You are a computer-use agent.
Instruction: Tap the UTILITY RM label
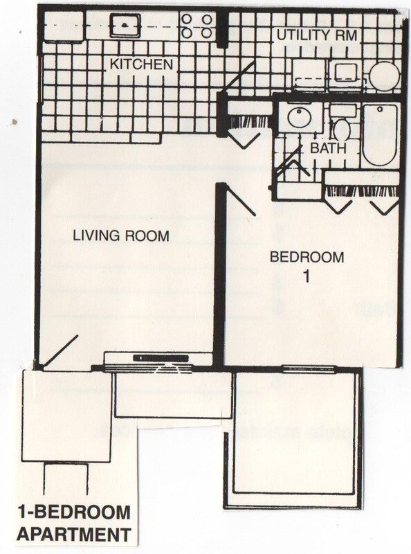click(x=319, y=34)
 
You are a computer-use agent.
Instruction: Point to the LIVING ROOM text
click(x=121, y=236)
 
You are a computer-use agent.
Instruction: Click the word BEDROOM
click(x=307, y=258)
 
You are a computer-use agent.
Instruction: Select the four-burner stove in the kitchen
click(x=197, y=26)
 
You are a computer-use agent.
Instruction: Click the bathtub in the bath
click(x=379, y=134)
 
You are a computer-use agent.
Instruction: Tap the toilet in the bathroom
click(x=342, y=128)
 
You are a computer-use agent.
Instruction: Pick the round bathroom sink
click(x=300, y=118)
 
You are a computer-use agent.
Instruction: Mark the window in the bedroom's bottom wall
click(x=308, y=368)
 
